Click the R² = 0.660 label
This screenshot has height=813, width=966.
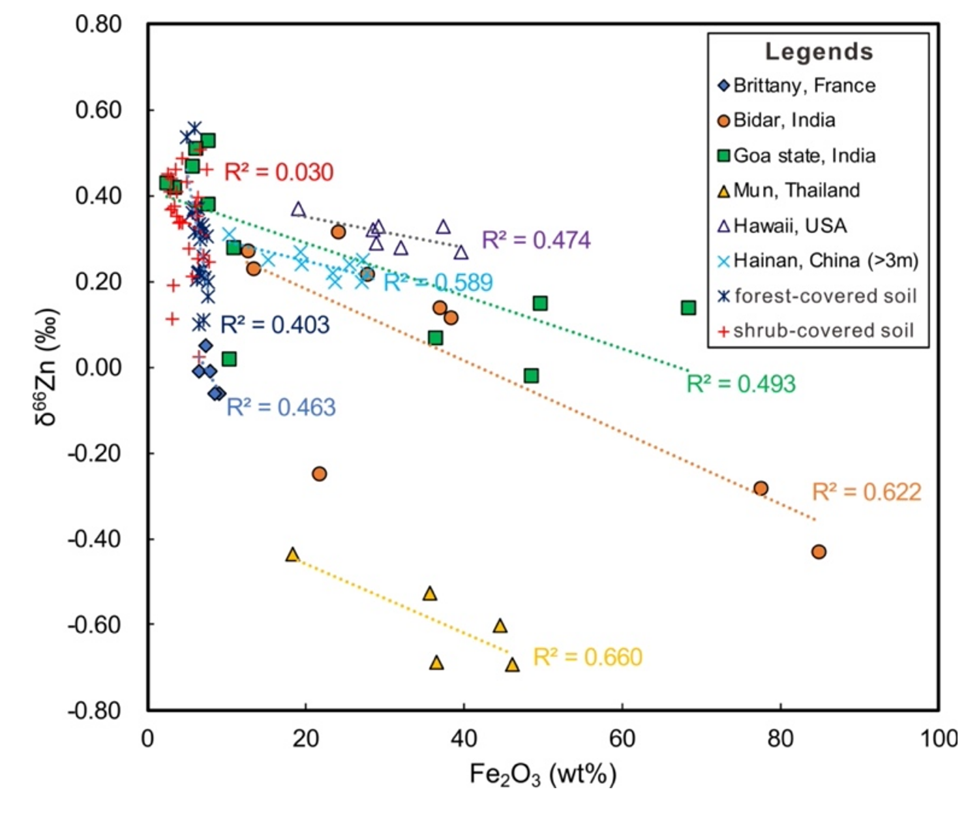pos(588,656)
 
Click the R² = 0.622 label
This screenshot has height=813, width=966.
pos(866,491)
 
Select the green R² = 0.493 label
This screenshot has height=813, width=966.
pos(741,384)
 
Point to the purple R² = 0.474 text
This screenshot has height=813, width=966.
pos(536,240)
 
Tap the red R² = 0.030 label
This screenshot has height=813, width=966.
pos(279,172)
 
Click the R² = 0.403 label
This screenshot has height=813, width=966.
pos(275,324)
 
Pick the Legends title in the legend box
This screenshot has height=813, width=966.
pos(819,52)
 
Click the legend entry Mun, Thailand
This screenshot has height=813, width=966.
pos(796,191)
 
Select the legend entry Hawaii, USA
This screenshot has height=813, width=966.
pos(789,226)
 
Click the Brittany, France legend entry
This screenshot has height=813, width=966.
pos(804,85)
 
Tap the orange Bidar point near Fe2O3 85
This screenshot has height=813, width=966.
pos(819,552)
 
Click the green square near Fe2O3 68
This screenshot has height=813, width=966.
pos(688,307)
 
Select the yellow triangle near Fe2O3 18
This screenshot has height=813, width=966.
pos(293,555)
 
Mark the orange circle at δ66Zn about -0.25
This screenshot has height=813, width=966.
pos(319,474)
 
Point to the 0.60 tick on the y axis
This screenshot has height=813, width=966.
pos(98,110)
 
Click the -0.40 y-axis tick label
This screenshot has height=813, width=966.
pos(95,539)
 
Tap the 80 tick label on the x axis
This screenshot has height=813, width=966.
pos(780,739)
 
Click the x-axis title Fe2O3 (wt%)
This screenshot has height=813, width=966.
pos(543,775)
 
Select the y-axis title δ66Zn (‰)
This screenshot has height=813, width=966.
pos(47,367)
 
